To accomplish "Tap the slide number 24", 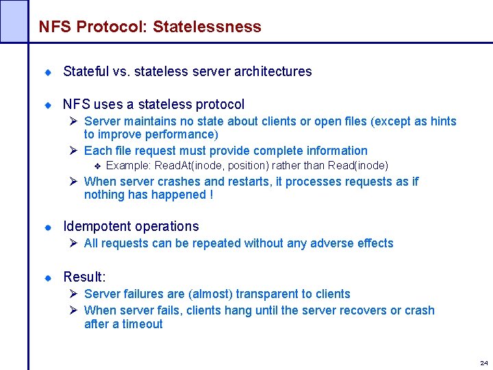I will pos(483,362).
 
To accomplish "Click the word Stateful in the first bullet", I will pos(86,71).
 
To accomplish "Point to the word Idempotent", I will pos(96,226).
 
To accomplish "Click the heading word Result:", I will pos(84,277).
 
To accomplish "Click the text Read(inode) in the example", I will pos(358,166).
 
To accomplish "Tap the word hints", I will pos(443,121).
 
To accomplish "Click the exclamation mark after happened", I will pos(210,195).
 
